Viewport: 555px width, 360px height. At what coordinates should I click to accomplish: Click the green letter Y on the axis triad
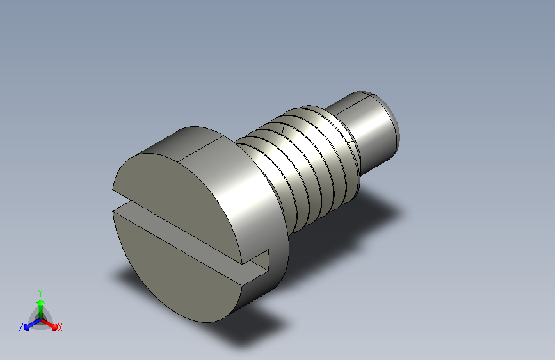(x=40, y=293)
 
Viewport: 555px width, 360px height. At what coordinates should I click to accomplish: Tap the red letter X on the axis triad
(x=60, y=327)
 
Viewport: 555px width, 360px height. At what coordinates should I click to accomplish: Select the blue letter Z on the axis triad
(x=21, y=327)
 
